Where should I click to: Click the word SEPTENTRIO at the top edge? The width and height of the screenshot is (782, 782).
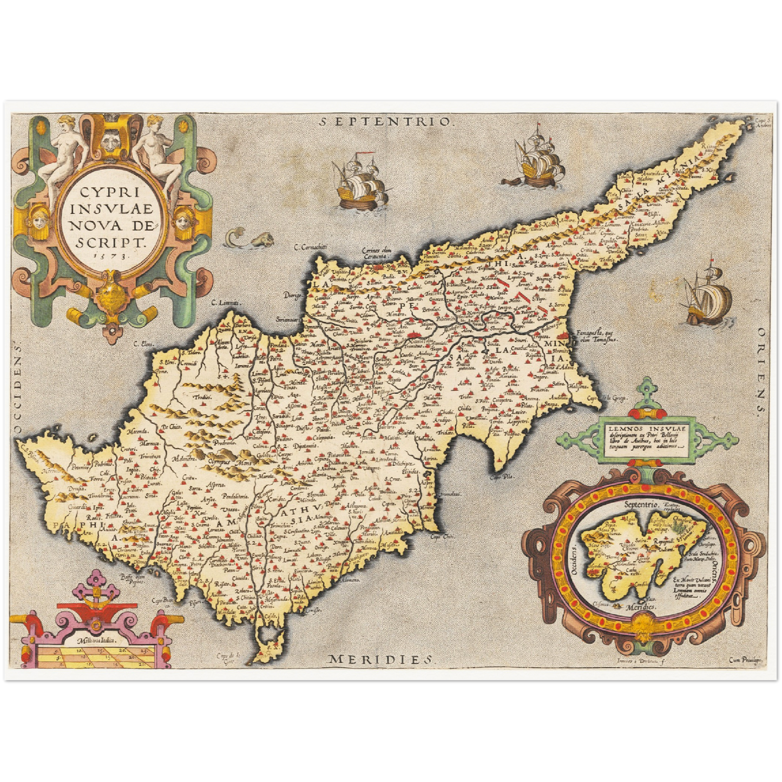(x=385, y=121)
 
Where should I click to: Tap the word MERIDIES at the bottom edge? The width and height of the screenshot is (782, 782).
(x=382, y=659)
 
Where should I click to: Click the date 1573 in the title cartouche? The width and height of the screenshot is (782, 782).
(x=111, y=254)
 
